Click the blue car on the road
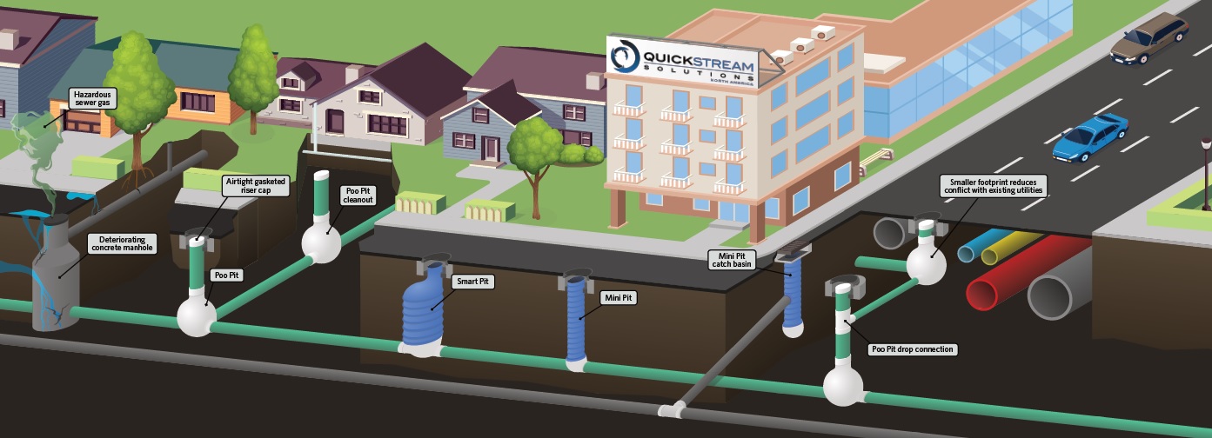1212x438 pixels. pyautogui.click(x=1089, y=138)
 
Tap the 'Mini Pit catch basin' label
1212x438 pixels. pyautogui.click(x=731, y=261)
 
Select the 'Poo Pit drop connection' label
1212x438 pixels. pyautogui.click(x=912, y=349)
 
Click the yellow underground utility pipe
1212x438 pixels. pyautogui.click(x=1009, y=246)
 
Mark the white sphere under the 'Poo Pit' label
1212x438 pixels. pyautogui.click(x=197, y=315)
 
